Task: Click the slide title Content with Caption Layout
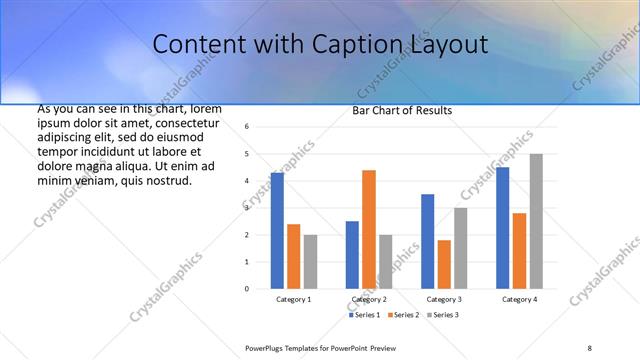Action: [321, 44]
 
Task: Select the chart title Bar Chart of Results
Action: [402, 110]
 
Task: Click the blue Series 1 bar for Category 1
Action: [277, 230]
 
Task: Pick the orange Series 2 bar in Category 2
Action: [369, 229]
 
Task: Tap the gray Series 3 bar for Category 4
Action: [536, 221]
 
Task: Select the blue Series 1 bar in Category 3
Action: [427, 241]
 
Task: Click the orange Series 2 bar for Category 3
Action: [444, 264]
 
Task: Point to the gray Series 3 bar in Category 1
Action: [310, 261]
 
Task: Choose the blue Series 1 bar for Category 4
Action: [502, 227]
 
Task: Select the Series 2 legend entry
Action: [403, 315]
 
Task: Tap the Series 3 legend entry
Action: [441, 315]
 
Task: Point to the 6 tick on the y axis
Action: [247, 127]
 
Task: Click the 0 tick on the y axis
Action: [247, 289]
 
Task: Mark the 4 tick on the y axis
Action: [247, 181]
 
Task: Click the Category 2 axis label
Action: [369, 299]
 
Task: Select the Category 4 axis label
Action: [519, 299]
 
